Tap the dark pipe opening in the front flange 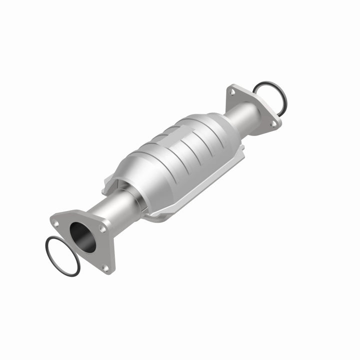82,236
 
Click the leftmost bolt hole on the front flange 56,219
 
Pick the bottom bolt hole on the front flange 105,268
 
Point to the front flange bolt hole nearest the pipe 102,228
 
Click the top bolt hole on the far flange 231,91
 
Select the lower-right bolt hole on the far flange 273,123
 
